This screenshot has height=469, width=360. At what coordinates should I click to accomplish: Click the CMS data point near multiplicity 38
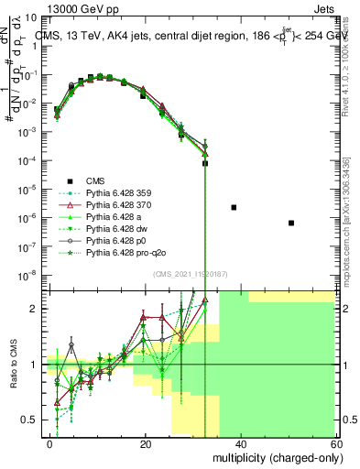[234, 208]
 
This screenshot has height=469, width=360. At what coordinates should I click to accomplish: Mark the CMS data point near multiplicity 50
[290, 223]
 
